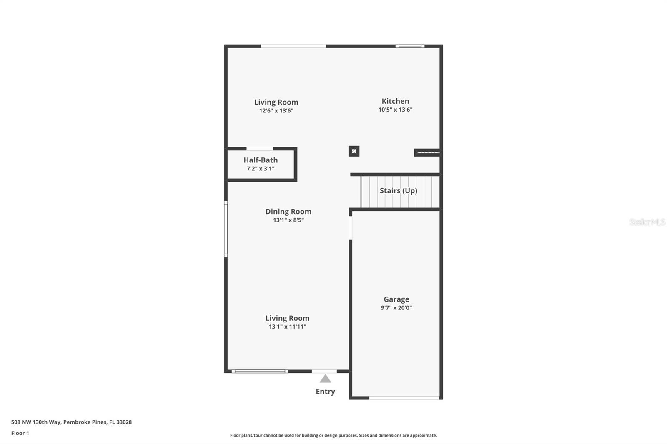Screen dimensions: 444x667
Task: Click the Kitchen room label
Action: point(395,101)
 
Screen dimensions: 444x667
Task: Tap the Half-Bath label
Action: point(261,160)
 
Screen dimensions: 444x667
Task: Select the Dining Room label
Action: point(288,212)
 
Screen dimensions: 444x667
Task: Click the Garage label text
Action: point(396,299)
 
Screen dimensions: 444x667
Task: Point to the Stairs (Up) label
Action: point(398,191)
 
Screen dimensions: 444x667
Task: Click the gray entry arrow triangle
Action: point(325,379)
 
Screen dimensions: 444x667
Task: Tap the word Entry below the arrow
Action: point(325,392)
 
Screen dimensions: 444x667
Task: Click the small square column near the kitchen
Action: point(354,151)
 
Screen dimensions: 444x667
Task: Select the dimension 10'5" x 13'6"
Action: point(395,110)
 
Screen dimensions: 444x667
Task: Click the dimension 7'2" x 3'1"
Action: point(261,169)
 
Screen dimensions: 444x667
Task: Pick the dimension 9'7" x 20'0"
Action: point(396,308)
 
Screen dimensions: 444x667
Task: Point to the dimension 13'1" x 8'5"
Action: point(288,220)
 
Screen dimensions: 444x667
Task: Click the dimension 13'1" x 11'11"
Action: point(287,327)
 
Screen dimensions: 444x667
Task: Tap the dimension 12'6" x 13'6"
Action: point(276,111)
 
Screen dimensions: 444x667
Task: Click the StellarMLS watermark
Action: point(647,222)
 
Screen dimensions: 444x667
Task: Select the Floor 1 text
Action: point(20,433)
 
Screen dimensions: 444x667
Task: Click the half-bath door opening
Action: point(260,149)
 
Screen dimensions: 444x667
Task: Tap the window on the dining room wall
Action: point(226,229)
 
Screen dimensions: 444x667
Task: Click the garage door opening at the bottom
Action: point(404,398)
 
